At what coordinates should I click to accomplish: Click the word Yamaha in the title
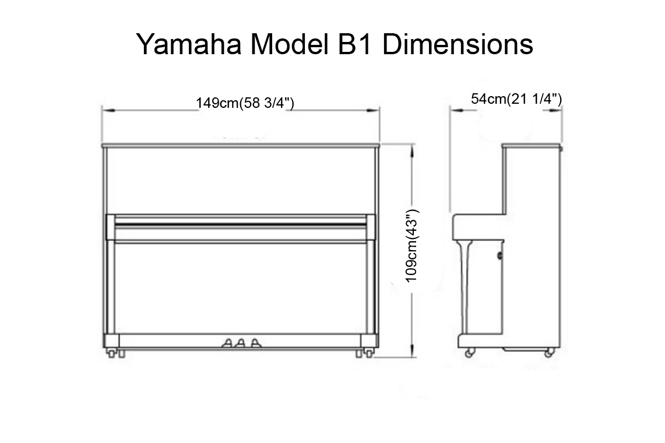point(185,45)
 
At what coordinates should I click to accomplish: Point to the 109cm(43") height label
point(412,247)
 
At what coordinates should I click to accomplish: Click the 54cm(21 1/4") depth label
point(516,99)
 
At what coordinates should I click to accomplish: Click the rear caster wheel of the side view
point(548,352)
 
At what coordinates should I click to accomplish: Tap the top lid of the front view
point(240,145)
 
